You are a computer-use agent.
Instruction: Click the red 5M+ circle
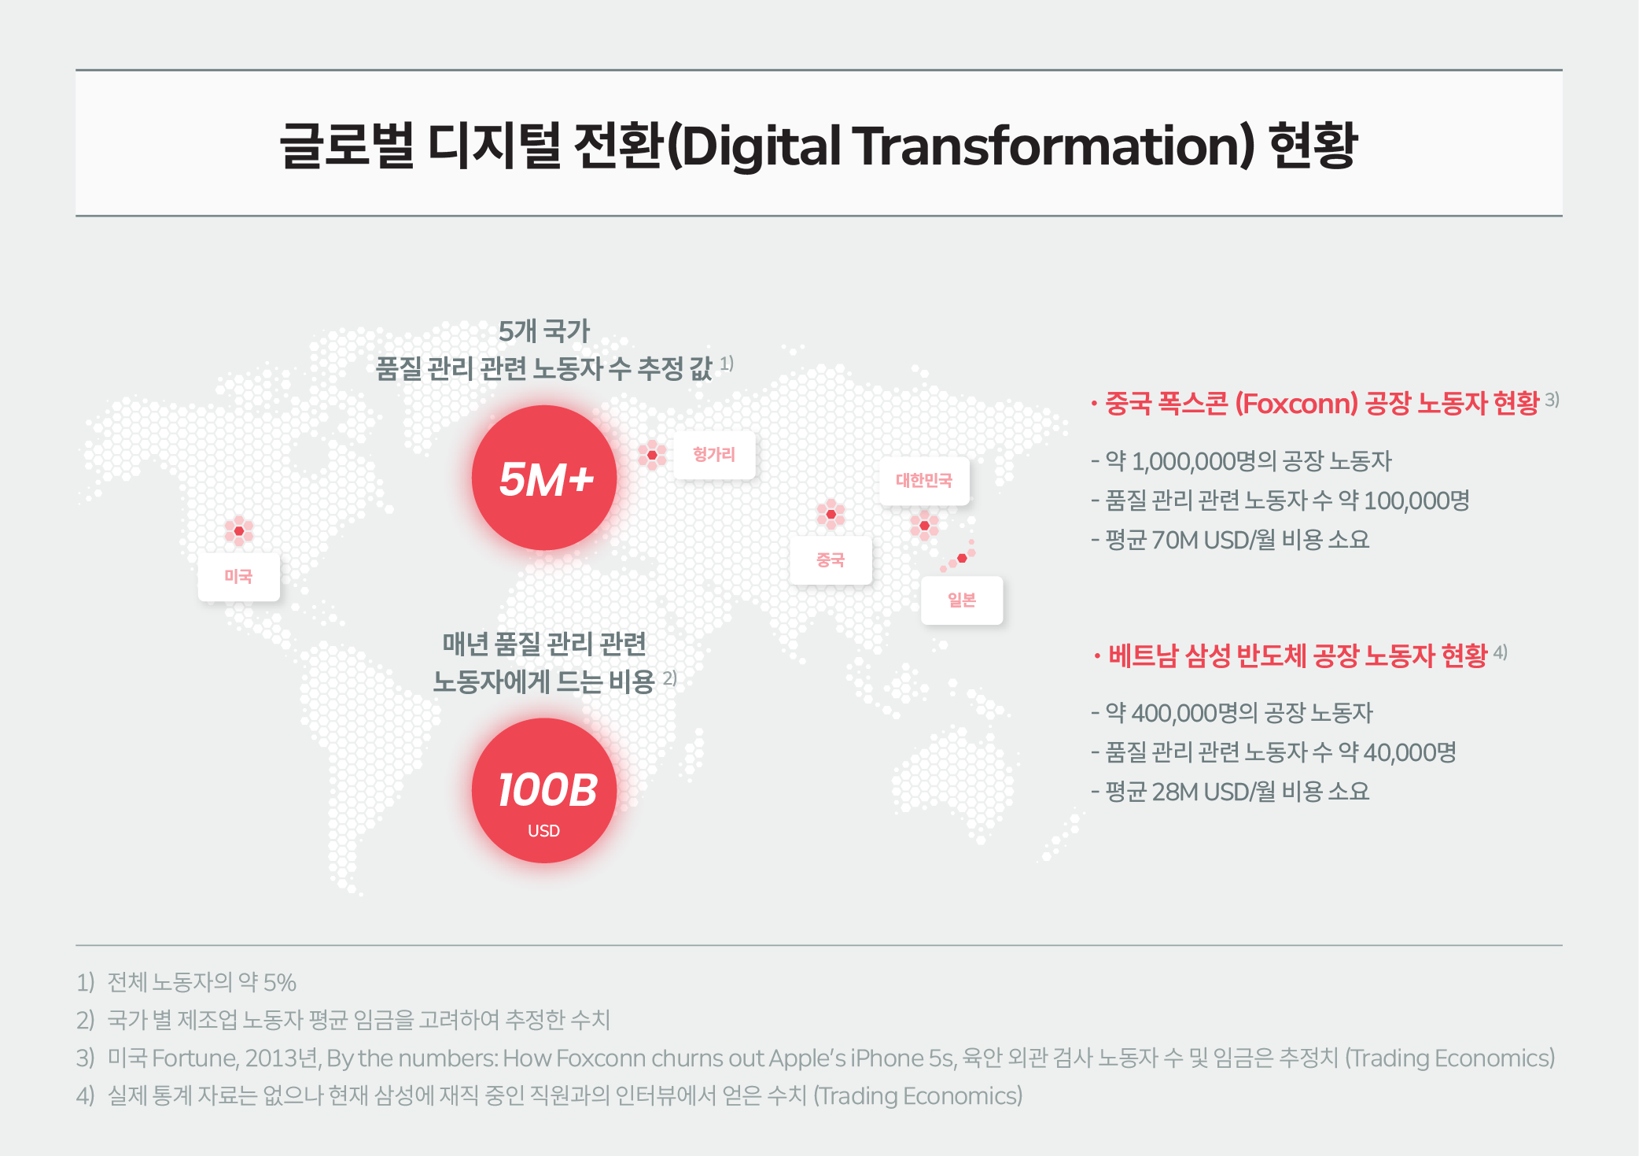(x=544, y=478)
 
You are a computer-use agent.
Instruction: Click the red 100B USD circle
(x=544, y=790)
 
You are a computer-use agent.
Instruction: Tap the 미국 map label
(x=238, y=577)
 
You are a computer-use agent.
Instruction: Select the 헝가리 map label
(x=714, y=454)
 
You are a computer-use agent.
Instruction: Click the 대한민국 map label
(x=924, y=480)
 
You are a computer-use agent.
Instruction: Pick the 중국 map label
(x=831, y=560)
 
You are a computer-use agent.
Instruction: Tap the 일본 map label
(x=962, y=600)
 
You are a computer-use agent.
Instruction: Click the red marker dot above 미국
(x=239, y=531)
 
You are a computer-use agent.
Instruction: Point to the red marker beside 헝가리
(x=652, y=455)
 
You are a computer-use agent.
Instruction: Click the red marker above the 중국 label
(x=831, y=514)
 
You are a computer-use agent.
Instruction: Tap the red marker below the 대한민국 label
(x=925, y=525)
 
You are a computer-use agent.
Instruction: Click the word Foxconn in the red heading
(x=1296, y=404)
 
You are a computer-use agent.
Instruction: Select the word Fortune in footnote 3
(x=194, y=1058)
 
